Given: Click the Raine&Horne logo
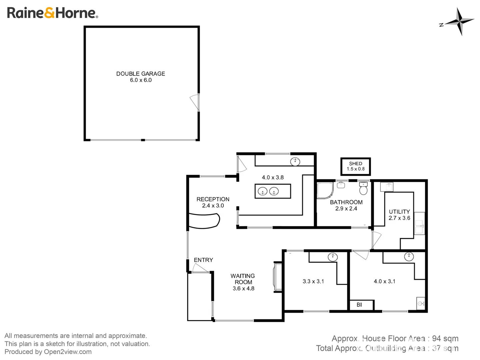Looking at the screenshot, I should coord(52,13).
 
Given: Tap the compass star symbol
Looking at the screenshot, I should coord(459,22).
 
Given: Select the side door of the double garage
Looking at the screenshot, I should coord(195,102).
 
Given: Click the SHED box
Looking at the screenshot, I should coord(355,166).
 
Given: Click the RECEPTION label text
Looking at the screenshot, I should coord(213,199).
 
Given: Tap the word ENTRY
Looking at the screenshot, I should coord(203,260).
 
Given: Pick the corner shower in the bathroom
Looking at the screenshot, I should coord(325,190).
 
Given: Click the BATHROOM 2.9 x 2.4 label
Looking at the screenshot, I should coord(346,205).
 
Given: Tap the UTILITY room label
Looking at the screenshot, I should coord(399,215).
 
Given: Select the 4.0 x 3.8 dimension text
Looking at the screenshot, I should coord(273,178).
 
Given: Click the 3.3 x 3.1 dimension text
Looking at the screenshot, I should coord(313,281).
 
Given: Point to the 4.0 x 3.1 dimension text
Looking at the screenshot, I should coord(384,281).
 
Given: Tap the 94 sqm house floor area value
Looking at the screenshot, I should coord(445,338).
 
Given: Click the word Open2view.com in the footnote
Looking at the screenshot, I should coord(68,352).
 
